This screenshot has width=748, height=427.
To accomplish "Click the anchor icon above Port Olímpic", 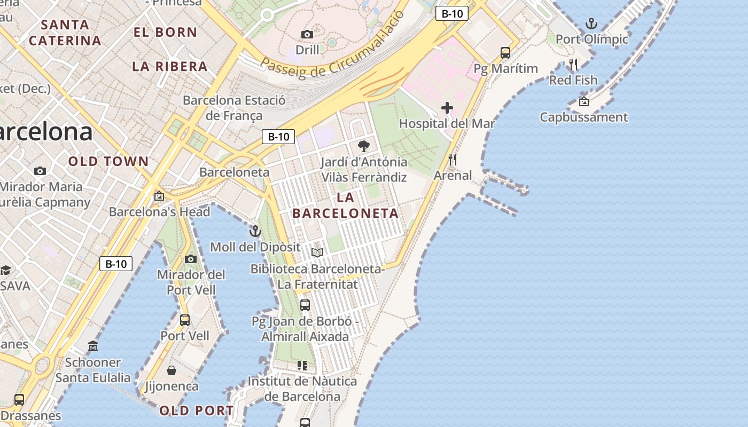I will point(591,23).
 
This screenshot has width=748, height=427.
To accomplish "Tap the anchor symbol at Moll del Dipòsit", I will point(255,231).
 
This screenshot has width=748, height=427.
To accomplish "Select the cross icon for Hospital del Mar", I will point(447,108).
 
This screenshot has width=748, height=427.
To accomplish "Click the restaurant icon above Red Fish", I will point(573,65).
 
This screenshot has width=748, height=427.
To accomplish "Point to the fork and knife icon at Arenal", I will point(453,159).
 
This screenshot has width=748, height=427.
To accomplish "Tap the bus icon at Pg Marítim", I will point(505,52).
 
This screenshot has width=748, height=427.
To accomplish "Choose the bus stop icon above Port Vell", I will point(185,320).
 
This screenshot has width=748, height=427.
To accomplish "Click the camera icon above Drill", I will point(307,34).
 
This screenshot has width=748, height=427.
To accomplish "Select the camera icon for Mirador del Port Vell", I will point(191,259).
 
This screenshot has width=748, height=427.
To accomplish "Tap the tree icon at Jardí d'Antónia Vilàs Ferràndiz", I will point(364,146).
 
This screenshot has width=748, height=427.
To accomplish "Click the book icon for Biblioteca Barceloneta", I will point(317,252).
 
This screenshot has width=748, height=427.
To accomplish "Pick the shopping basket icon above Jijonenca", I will point(172,370).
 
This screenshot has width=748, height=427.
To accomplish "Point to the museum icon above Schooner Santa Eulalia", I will point(93,346).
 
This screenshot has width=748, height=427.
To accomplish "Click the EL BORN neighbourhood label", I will point(165,32).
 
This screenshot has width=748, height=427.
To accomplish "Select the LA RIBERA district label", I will point(170,66).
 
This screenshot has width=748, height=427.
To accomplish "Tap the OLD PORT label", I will point(197,410).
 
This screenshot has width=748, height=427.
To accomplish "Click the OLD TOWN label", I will point(108,161).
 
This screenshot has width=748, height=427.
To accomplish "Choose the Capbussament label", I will point(583,117).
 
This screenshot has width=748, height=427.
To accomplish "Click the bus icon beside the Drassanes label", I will point(19,399).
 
